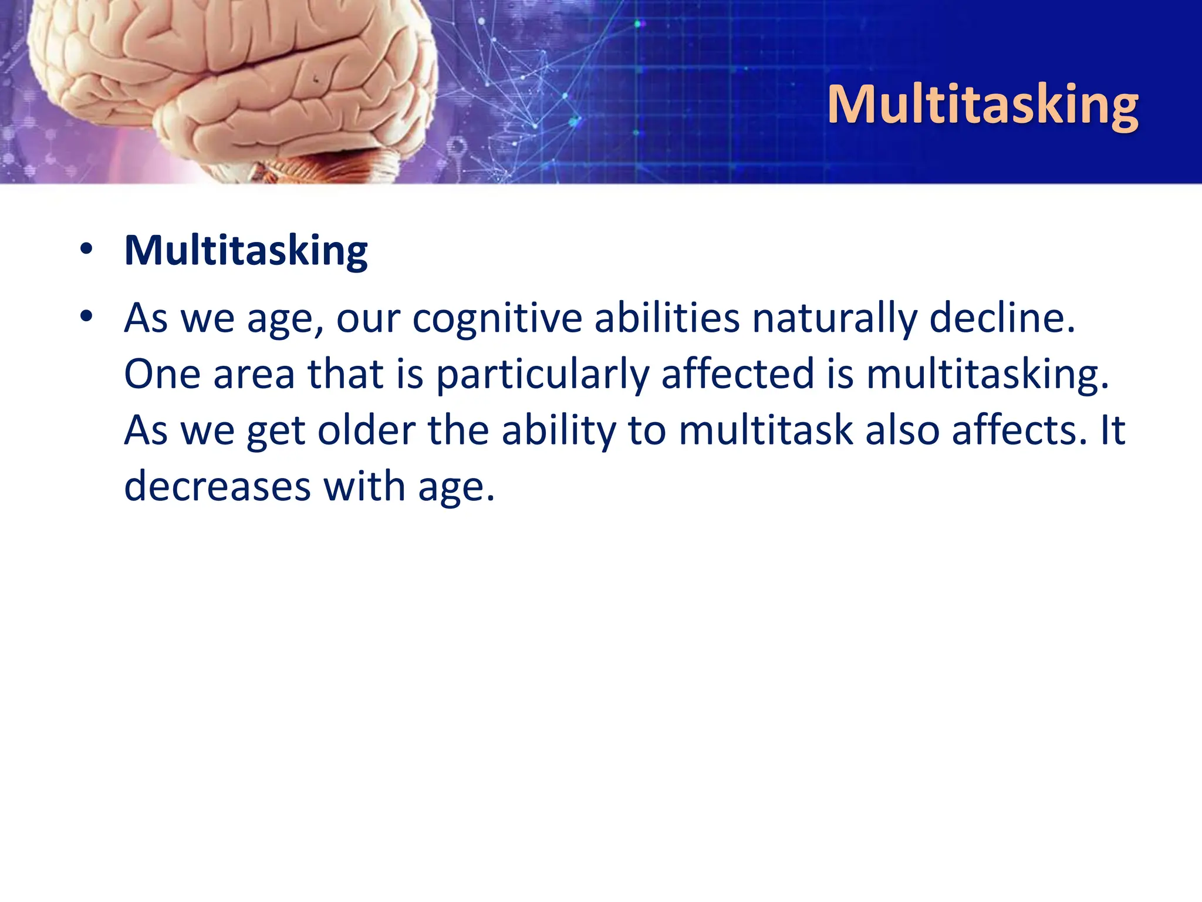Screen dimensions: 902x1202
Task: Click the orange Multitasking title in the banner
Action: coord(982,105)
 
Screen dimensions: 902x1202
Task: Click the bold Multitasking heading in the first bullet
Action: coord(246,251)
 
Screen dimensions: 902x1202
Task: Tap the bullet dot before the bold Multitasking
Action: coord(87,249)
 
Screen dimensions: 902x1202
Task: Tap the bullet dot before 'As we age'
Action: coord(87,317)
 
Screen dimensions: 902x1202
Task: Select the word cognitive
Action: coord(497,319)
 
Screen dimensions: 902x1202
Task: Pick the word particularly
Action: coord(542,375)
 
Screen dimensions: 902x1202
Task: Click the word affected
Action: coord(738,373)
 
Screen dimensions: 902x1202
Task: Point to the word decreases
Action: coord(217,487)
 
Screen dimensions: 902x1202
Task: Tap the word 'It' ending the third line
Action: coord(1112,430)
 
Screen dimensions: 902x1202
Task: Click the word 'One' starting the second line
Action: coord(162,374)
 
